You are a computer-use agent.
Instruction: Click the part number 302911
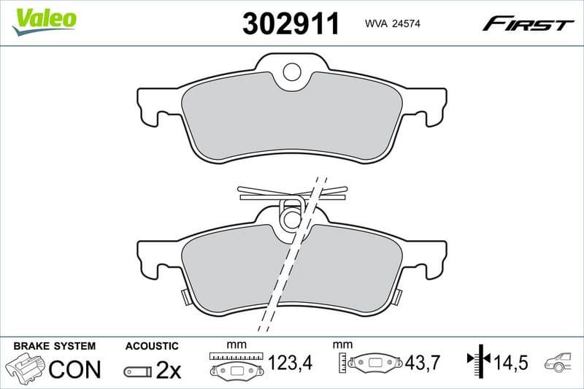[291, 24]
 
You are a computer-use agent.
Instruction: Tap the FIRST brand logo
[528, 25]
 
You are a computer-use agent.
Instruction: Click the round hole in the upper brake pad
[292, 72]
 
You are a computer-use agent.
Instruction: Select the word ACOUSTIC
[151, 345]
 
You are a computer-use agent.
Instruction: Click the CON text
[74, 369]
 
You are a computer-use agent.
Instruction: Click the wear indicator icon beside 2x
[137, 371]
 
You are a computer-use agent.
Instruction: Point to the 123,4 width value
[288, 362]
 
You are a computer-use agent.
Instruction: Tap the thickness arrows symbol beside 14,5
[477, 361]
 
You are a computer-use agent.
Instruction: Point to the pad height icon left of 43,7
[370, 363]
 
